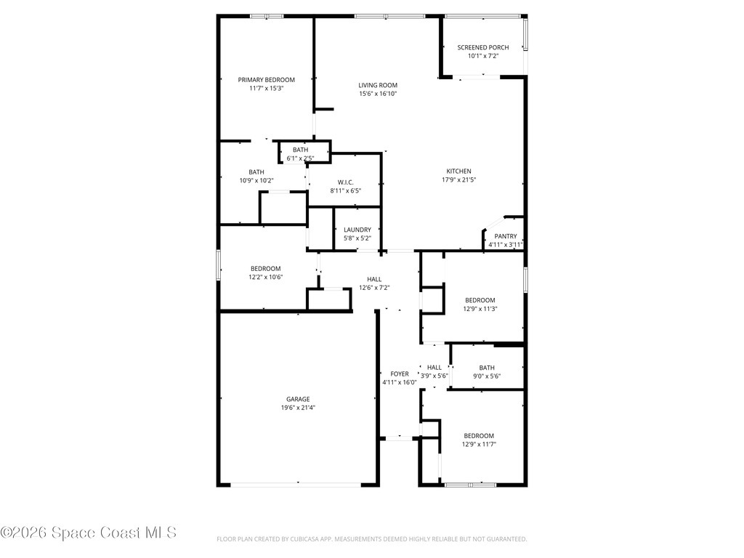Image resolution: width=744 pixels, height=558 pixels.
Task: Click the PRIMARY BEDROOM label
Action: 267,79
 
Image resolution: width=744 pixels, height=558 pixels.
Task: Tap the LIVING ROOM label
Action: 378,85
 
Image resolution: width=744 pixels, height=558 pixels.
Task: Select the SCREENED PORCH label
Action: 482,47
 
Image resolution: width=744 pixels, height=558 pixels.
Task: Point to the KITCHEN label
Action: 458,171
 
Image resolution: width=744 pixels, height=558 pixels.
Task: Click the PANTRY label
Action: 506,236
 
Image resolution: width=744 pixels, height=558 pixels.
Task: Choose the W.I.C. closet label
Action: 345,182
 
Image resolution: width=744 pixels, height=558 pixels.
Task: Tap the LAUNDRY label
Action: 357,230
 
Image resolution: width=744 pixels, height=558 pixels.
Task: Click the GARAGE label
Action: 298,399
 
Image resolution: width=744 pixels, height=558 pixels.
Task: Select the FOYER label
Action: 400,374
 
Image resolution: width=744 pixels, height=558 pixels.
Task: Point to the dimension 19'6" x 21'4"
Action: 298,408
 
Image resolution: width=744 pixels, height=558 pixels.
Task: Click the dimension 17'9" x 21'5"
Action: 458,180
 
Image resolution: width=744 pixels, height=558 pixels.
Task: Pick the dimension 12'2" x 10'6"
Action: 266,277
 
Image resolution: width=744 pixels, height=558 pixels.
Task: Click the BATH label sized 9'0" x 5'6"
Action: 487,368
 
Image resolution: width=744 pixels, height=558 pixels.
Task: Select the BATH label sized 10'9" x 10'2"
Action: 256,172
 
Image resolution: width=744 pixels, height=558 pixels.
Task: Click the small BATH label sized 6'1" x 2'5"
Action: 300,150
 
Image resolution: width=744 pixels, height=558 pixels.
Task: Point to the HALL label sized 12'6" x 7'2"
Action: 374,279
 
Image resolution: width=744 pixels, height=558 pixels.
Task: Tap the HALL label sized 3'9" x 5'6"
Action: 434,368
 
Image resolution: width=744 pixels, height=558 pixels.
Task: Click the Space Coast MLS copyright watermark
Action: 89,533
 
